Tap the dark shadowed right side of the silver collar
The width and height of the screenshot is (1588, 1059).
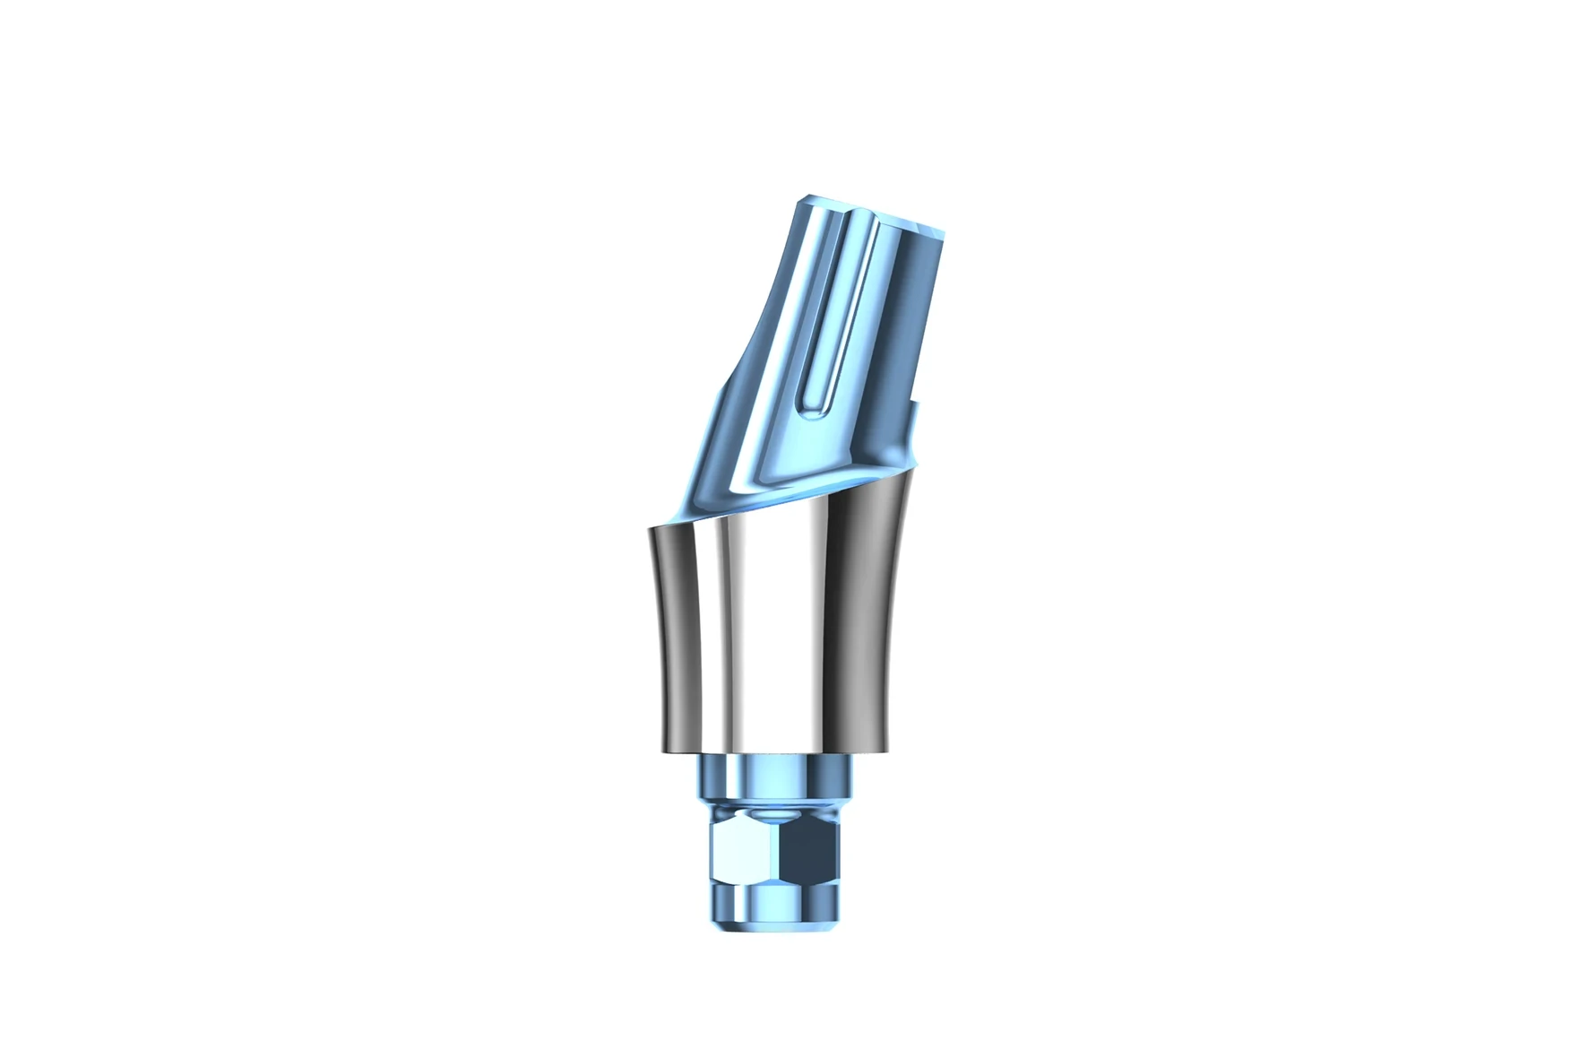click(865, 628)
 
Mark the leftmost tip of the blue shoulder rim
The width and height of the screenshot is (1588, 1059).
click(651, 528)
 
